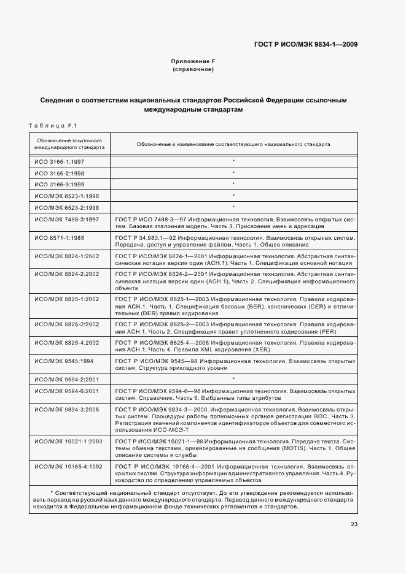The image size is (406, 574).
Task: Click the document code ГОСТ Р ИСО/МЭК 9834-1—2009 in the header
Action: (305, 44)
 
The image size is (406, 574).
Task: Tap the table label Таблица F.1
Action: (52, 126)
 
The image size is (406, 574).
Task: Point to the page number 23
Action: (354, 523)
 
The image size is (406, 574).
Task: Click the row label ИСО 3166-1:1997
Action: (60, 162)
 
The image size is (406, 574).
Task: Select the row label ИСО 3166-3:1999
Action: (60, 184)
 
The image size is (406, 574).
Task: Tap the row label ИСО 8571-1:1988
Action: (60, 237)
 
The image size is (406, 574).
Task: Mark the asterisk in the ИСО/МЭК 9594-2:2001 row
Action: (233, 379)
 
